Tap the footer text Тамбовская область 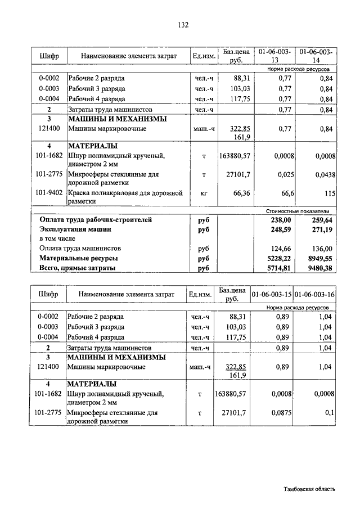(x=309, y=489)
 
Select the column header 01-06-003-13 (x=274, y=56)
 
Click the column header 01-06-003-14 (x=317, y=56)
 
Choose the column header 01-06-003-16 (x=314, y=294)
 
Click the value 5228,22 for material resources (x=280, y=258)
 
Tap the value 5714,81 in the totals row (x=280, y=268)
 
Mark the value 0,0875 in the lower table (x=280, y=413)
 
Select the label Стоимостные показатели (x=300, y=210)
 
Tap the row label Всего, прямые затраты (x=77, y=268)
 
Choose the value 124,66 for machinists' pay (x=281, y=248)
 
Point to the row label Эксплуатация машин (x=75, y=229)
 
